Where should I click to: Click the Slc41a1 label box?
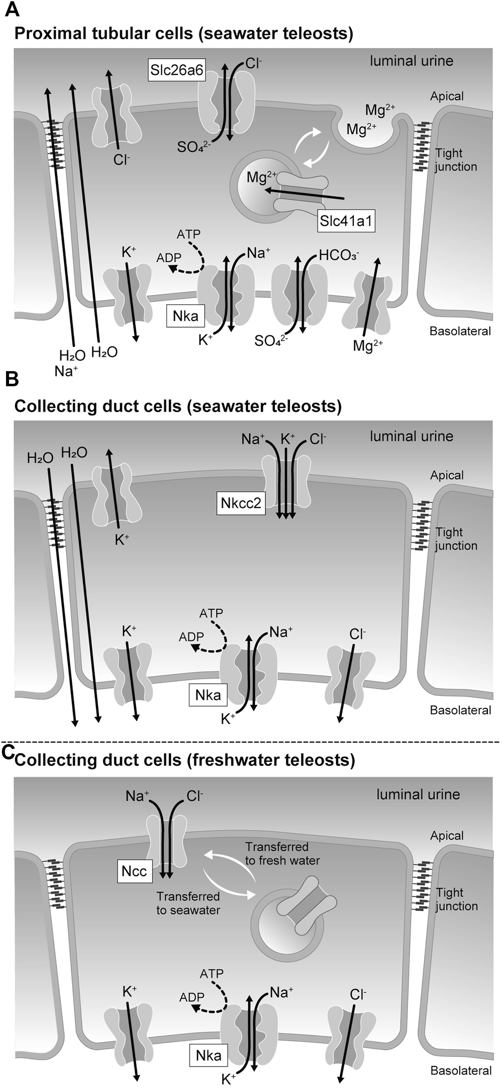click(346, 221)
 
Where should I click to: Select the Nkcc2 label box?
click(241, 503)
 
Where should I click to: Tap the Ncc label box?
click(134, 871)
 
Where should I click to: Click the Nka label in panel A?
click(185, 316)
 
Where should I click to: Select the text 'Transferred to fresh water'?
click(282, 853)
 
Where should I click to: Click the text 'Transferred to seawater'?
click(188, 903)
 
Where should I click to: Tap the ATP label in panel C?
click(211, 974)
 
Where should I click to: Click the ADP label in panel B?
click(191, 637)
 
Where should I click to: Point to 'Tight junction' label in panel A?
click(455, 160)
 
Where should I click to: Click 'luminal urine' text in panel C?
click(418, 794)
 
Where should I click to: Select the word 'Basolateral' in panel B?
click(460, 710)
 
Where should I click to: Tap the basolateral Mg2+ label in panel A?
click(368, 346)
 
